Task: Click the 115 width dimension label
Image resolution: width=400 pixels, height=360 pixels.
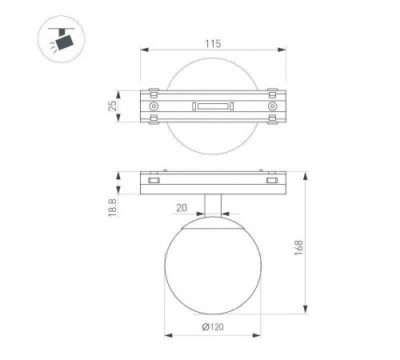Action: tap(213, 44)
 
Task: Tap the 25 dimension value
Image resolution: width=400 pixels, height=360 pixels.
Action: tap(113, 106)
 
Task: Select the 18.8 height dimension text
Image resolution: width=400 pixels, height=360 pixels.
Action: tap(113, 207)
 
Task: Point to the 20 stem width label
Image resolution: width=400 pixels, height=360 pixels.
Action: tap(182, 208)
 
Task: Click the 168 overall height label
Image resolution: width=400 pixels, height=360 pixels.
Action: tap(299, 247)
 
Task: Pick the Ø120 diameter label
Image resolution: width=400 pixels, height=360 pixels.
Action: tap(213, 326)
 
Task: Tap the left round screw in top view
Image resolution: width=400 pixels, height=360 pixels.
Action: tap(154, 106)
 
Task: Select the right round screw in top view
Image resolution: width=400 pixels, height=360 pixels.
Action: tap(272, 106)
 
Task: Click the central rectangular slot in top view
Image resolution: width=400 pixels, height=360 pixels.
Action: tap(213, 106)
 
